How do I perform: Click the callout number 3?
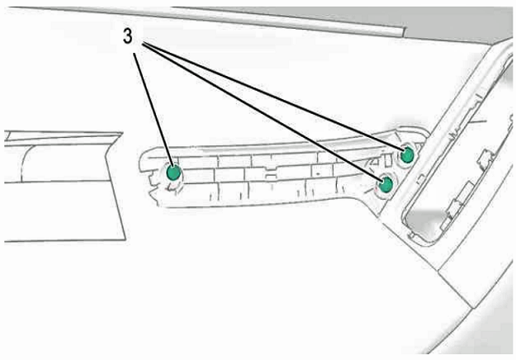click(128, 36)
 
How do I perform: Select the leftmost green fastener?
click(173, 173)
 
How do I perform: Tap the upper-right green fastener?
click(407, 155)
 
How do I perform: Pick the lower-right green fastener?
click(386, 185)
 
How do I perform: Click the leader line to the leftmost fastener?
click(153, 109)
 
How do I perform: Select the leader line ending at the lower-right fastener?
click(263, 111)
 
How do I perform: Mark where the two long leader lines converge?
click(144, 43)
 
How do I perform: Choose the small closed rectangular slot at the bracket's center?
click(271, 177)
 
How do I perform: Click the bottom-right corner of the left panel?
click(125, 239)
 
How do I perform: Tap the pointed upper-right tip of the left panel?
click(123, 133)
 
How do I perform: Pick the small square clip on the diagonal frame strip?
click(420, 179)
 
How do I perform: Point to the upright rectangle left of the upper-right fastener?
click(388, 159)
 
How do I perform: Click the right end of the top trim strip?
click(403, 31)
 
